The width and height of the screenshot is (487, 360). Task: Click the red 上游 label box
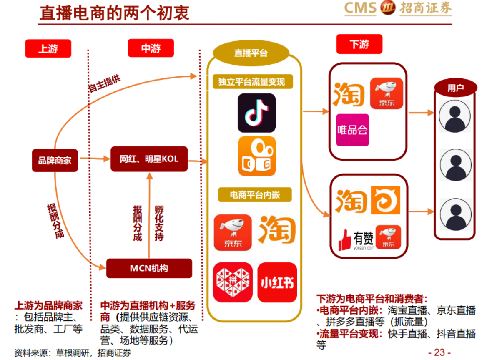coord(48,48)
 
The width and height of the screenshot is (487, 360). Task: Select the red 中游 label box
coord(151,48)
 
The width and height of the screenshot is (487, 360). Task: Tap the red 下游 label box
coord(359,44)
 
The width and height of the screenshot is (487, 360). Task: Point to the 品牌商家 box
coord(55,160)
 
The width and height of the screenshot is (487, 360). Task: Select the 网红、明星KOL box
coord(149,159)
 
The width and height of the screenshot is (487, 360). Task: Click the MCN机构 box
coord(149,268)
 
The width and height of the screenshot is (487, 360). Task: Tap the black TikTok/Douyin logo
coord(256,113)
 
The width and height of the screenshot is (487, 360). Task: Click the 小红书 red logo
coord(277,282)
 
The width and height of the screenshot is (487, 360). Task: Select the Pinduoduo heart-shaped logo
coord(233,282)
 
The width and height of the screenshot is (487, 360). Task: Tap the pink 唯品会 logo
coord(352,130)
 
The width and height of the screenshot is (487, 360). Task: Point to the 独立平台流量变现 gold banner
coord(251,81)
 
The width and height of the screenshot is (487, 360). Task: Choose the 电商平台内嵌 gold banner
coord(255,195)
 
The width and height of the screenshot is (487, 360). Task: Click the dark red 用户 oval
coord(455,88)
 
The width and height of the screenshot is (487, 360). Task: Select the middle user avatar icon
coord(455,164)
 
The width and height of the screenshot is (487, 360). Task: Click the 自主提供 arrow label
coord(104,85)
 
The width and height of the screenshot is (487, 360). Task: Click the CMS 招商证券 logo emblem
coord(388,8)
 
